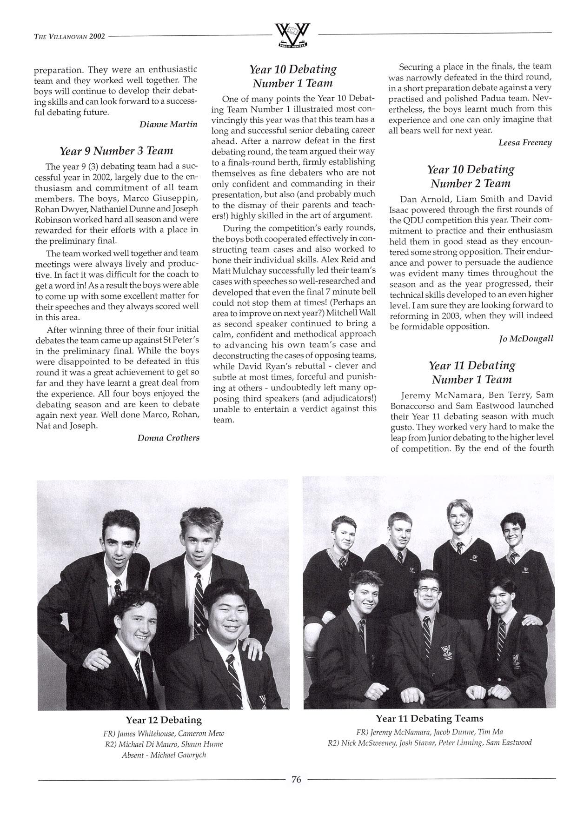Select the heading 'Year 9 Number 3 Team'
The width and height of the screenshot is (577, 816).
[x=116, y=151]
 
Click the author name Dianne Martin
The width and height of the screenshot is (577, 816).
[x=169, y=124]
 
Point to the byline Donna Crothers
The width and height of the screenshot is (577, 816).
[x=168, y=437]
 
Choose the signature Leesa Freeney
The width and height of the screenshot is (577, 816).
[x=525, y=142]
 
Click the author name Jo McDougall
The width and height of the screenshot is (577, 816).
[x=525, y=338]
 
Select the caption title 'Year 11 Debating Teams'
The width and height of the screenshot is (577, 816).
[x=429, y=718]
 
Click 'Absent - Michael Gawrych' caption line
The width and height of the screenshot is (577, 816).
[x=164, y=755]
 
